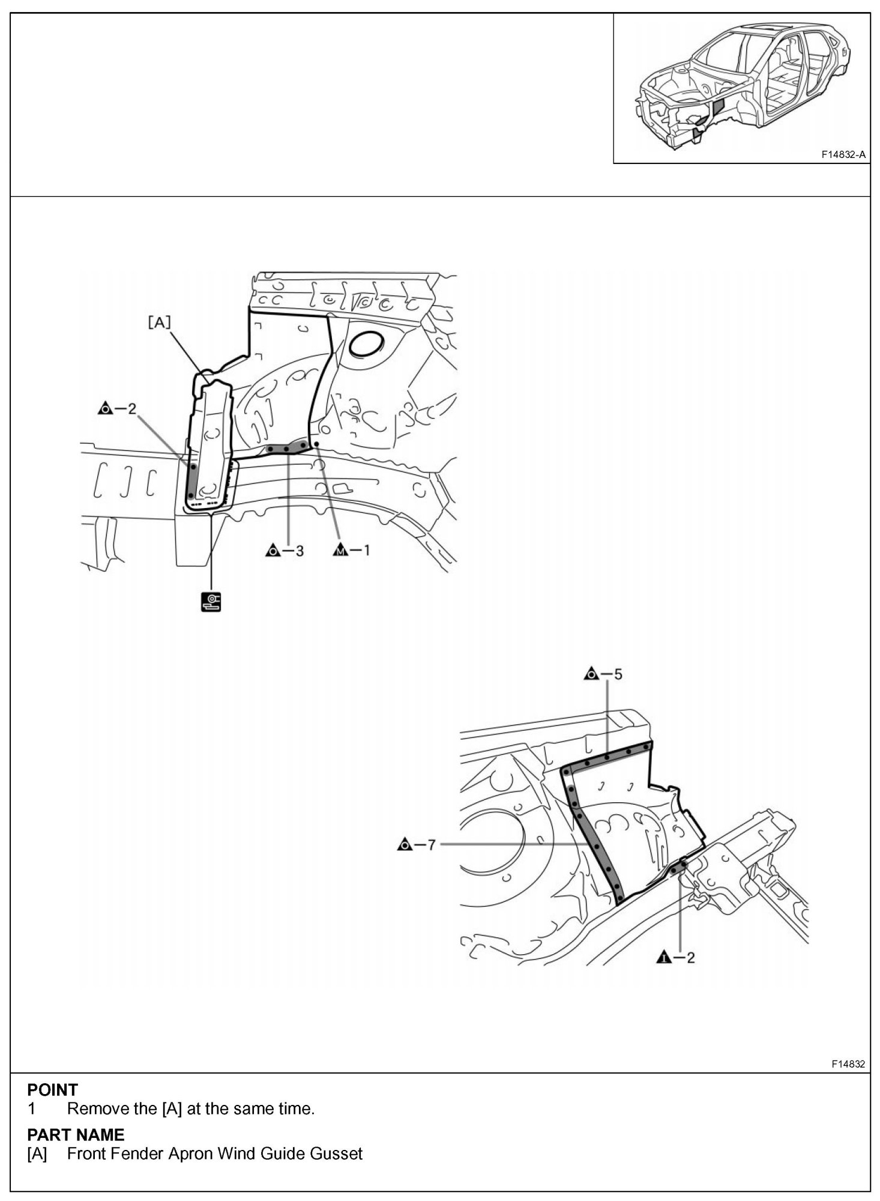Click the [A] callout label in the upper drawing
(159, 322)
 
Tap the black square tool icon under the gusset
(211, 602)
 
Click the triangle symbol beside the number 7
(404, 845)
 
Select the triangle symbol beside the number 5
(591, 674)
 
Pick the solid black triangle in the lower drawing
(663, 957)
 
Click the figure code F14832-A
(843, 154)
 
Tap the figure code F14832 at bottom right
(848, 1064)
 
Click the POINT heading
(53, 1090)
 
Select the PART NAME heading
(76, 1135)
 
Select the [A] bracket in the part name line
(37, 1154)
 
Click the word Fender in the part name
(137, 1154)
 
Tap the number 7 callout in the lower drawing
(430, 845)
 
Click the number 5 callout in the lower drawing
(617, 674)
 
